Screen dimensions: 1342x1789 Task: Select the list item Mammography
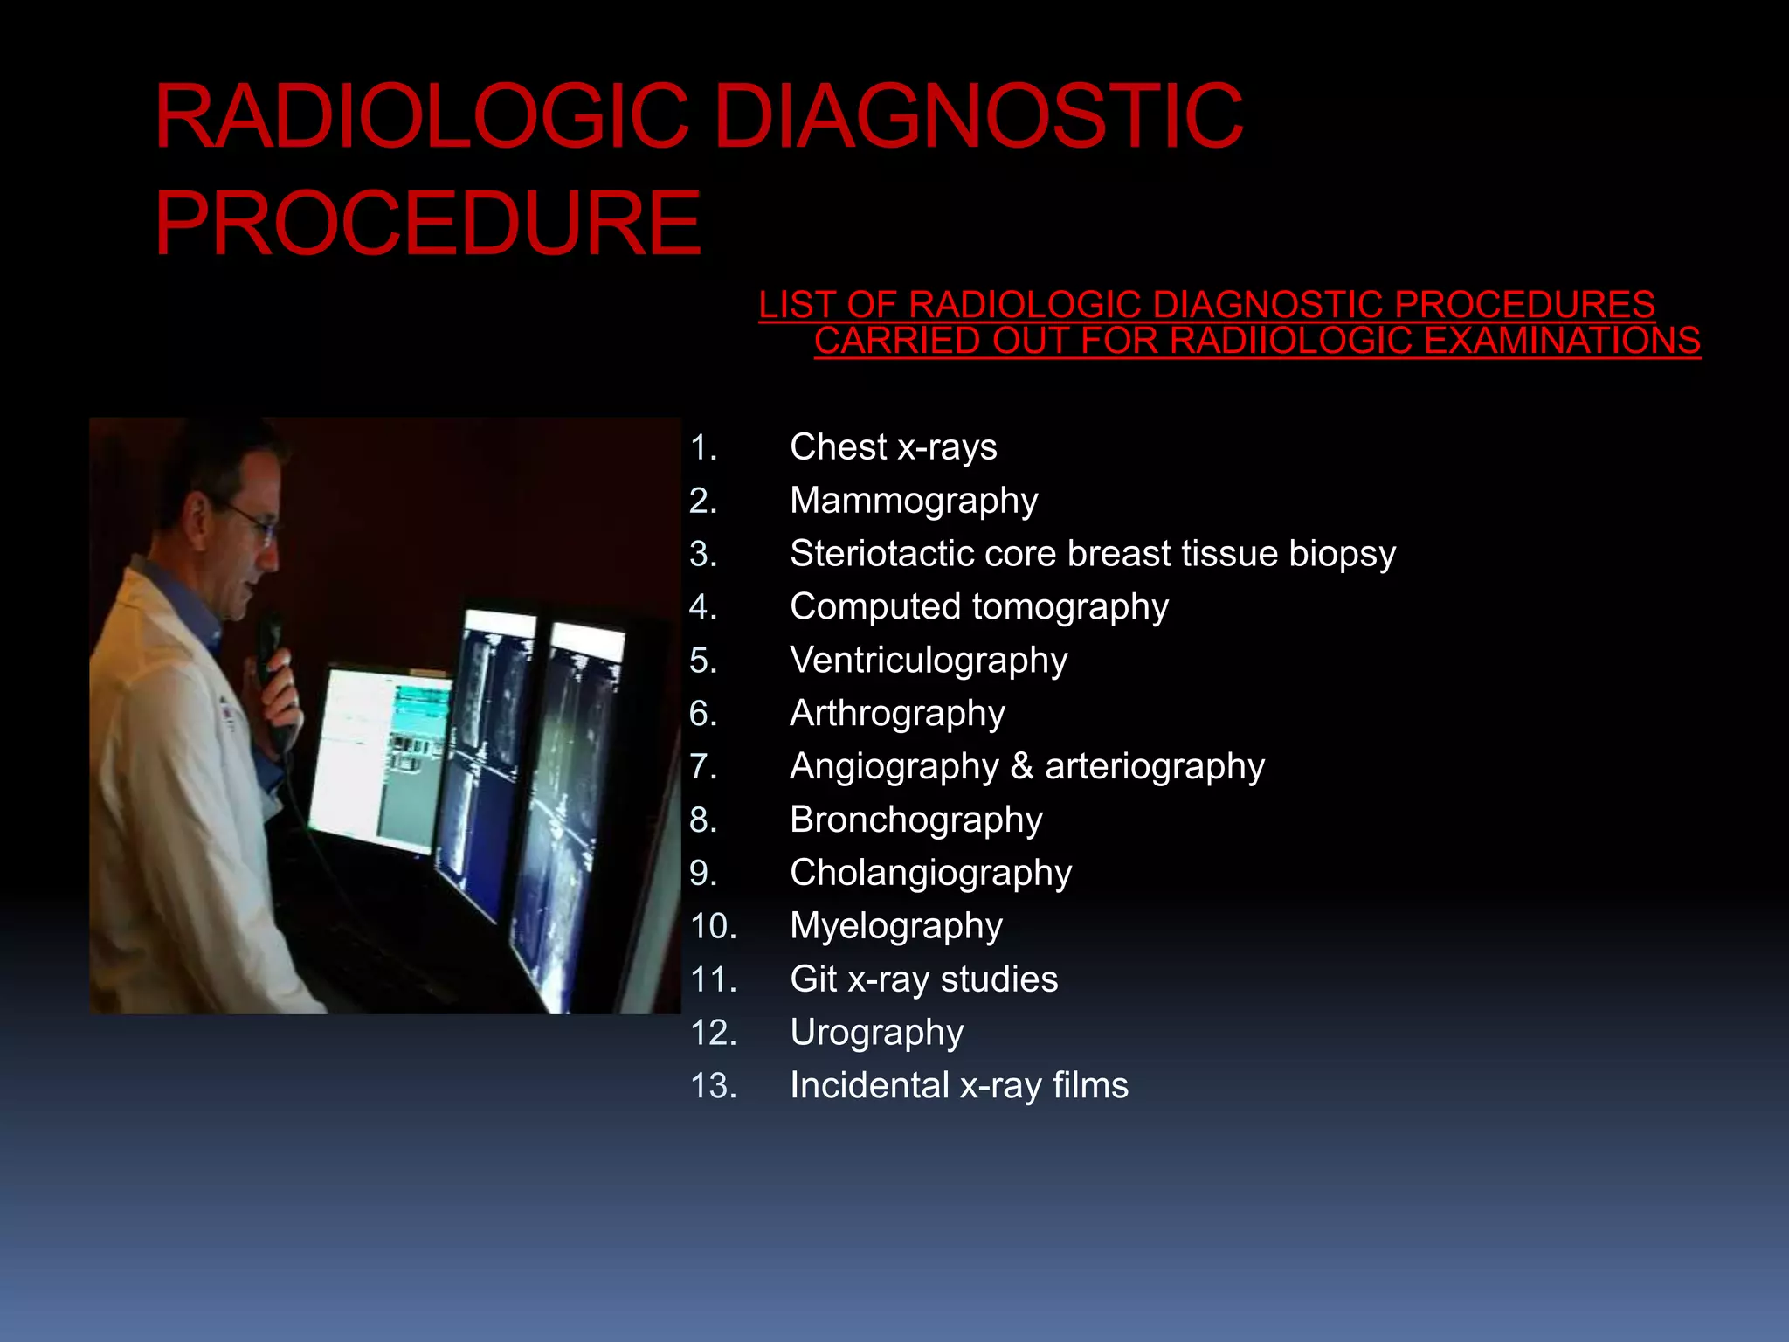tap(913, 502)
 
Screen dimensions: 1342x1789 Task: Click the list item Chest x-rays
tap(893, 447)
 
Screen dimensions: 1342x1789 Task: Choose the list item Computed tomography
tap(978, 607)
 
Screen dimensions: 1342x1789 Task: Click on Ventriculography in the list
tap(928, 661)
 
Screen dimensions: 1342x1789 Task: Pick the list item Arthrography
tap(897, 714)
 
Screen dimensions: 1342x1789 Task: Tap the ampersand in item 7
tap(1022, 767)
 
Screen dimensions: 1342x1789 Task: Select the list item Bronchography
tap(915, 820)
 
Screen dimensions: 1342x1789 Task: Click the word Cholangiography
tap(930, 874)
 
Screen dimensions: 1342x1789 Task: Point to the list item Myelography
tap(895, 927)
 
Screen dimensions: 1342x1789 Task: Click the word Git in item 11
tap(812, 979)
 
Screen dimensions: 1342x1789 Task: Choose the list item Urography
tap(876, 1034)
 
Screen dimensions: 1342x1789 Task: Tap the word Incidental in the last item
tap(868, 1086)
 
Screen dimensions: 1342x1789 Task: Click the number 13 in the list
tap(713, 1086)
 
